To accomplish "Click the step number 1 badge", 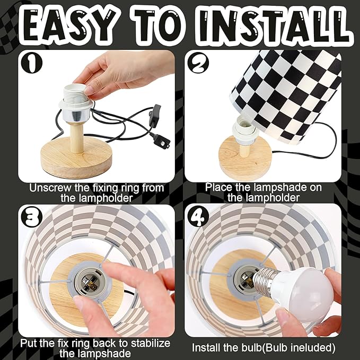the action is click(32, 63).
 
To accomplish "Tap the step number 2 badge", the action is click(198, 63).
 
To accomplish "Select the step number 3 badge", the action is click(32, 217).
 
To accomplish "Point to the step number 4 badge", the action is click(198, 217).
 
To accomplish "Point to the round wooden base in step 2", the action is click(245, 159).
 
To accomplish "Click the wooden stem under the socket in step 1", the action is click(77, 137).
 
